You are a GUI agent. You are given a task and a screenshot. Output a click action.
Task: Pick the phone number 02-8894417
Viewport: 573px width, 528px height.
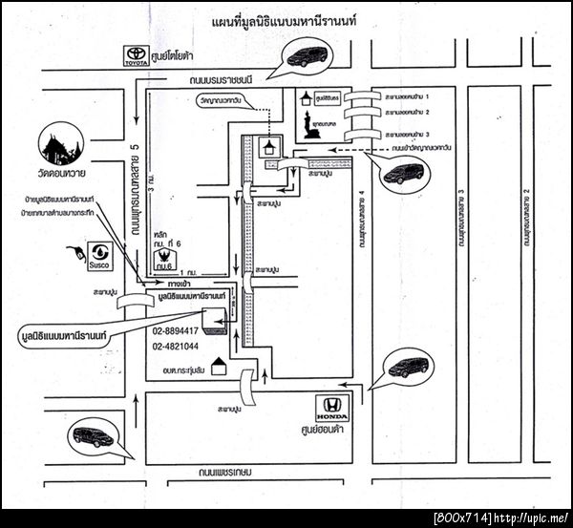coord(176,329)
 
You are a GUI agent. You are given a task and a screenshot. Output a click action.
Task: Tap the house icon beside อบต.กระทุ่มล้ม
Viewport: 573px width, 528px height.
coord(218,367)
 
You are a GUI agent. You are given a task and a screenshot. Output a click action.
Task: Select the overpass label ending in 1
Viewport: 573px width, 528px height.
coord(415,96)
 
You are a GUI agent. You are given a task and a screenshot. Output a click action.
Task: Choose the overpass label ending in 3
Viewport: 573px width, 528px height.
coord(415,135)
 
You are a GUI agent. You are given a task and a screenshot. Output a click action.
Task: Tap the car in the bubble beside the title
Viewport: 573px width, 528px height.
coord(308,55)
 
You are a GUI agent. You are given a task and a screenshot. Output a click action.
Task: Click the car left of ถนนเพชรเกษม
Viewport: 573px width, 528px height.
coord(93,437)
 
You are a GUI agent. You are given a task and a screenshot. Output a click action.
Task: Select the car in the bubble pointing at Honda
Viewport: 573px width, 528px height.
coord(409,368)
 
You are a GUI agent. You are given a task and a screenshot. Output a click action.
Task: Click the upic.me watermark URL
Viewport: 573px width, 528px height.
coord(531,517)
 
